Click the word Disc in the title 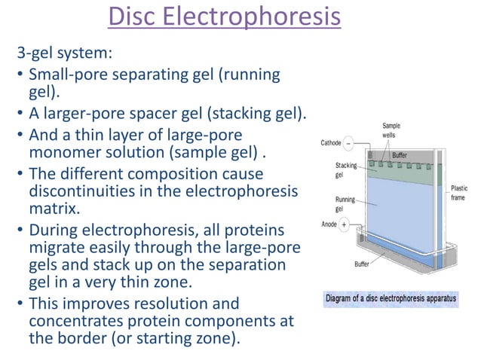(136, 17)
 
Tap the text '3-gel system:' (66, 55)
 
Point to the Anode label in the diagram (329, 223)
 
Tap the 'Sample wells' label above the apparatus (392, 130)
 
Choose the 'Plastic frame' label (459, 194)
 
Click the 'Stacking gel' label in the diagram (346, 169)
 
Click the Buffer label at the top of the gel (400, 154)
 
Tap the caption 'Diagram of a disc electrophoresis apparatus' (391, 298)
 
